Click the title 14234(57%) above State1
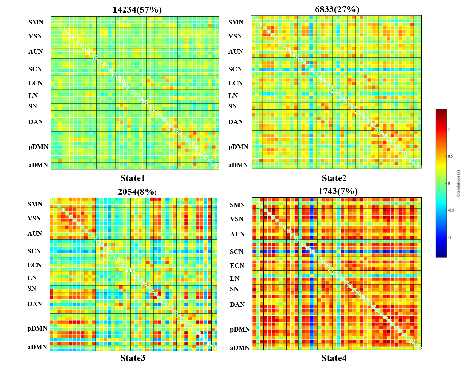click(137, 10)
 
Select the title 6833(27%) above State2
click(337, 9)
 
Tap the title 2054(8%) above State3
click(137, 192)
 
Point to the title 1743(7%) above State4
click(338, 191)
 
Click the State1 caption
click(133, 178)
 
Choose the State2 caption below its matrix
click(334, 178)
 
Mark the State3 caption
click(133, 358)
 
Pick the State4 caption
click(334, 358)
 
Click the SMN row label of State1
click(36, 22)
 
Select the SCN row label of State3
click(34, 251)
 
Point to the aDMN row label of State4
click(240, 348)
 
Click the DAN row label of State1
click(36, 122)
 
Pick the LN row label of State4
click(235, 278)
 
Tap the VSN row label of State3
click(34, 218)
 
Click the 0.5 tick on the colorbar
click(450, 156)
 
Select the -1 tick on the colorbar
click(449, 237)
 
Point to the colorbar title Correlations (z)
click(458, 183)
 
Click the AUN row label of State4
click(237, 234)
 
